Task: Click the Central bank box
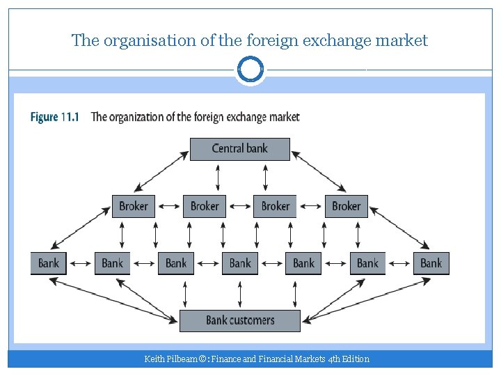[x=240, y=148]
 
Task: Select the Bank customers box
[x=240, y=320]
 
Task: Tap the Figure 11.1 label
[x=54, y=116]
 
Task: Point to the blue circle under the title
[x=250, y=70]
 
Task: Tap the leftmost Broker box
[x=134, y=206]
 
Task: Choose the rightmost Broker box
[x=346, y=206]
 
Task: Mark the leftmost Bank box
[x=49, y=263]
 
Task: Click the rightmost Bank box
[x=431, y=263]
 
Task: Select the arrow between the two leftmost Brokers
[x=169, y=206]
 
